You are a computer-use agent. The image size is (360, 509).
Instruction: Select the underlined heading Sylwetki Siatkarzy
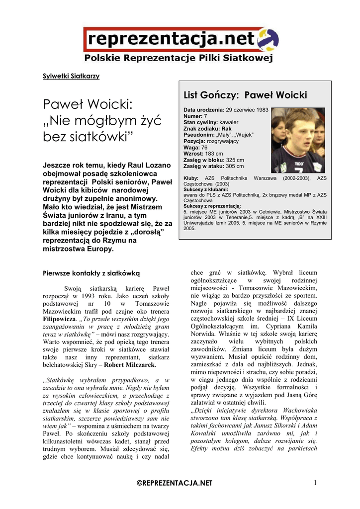pyautogui.click(x=71, y=76)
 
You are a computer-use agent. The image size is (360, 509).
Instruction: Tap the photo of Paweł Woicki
pyautogui.click(x=298, y=140)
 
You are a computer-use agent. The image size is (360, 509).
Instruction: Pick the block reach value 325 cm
pyautogui.click(x=235, y=160)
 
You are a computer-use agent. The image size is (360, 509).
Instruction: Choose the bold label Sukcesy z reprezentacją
pyautogui.click(x=212, y=206)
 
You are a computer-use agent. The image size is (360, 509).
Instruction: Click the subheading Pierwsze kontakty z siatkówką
pyautogui.click(x=92, y=273)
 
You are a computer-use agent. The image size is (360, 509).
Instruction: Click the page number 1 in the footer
pyautogui.click(x=315, y=482)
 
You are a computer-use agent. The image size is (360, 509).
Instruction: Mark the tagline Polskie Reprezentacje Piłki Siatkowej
pyautogui.click(x=179, y=59)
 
